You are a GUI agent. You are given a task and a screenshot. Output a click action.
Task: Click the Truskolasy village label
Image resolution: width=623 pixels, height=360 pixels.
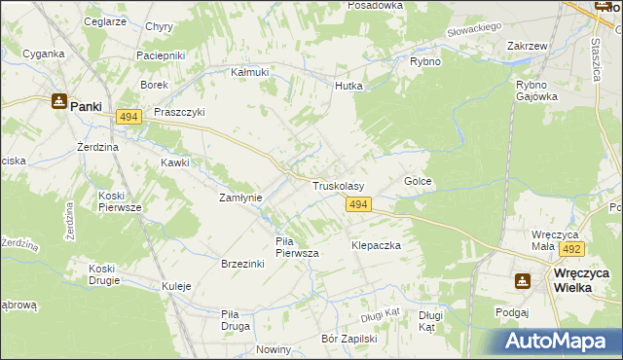(338, 185)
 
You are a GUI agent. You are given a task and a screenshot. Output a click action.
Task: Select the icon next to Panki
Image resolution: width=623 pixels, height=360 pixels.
(58, 100)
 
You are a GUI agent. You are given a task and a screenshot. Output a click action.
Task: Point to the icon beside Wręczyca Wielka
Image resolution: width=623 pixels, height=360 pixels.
(523, 280)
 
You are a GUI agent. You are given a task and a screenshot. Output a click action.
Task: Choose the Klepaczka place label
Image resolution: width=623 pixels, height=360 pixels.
(376, 246)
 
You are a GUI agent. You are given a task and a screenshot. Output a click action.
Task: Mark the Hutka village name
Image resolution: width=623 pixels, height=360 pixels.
(348, 86)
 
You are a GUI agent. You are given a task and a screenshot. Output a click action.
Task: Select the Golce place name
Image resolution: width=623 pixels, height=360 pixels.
(418, 182)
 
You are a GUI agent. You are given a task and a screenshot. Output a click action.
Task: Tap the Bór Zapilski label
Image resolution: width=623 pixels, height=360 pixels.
(348, 340)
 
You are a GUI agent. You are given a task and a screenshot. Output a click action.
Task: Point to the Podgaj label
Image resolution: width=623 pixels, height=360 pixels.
(511, 312)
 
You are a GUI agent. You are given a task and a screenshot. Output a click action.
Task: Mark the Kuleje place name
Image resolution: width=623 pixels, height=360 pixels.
(176, 287)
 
